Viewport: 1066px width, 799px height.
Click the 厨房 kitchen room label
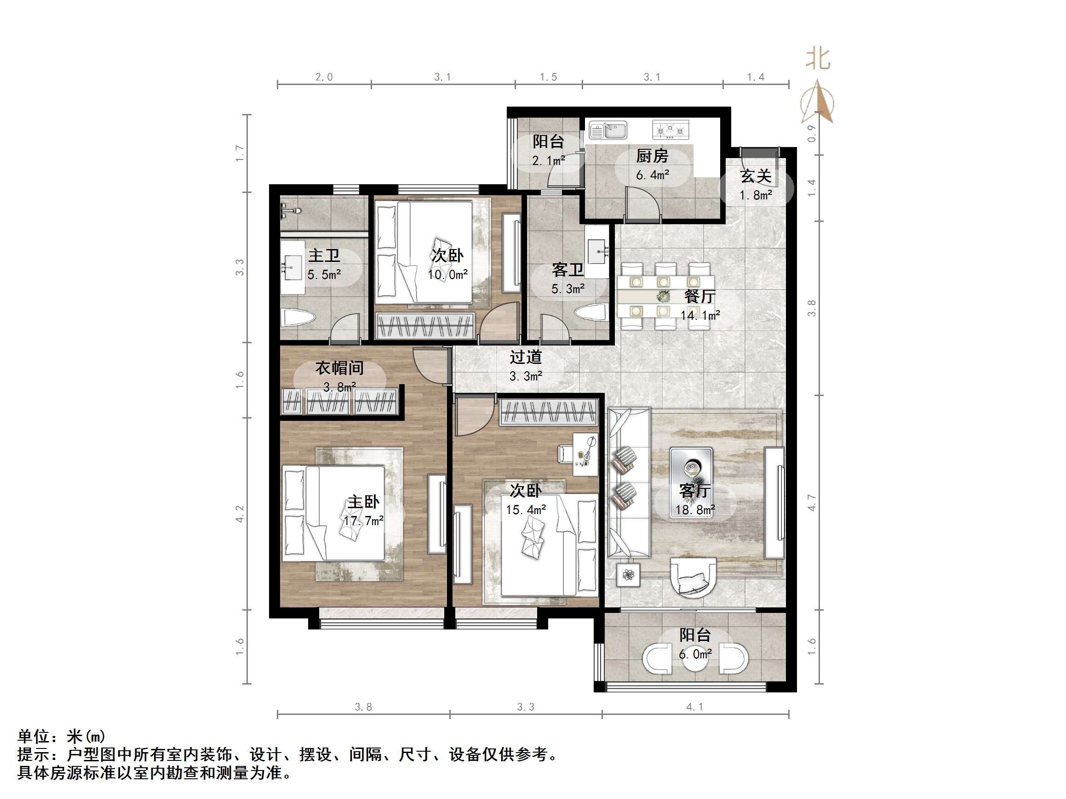(652, 156)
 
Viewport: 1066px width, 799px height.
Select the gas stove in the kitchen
(671, 130)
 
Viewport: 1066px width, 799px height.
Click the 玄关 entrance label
(756, 176)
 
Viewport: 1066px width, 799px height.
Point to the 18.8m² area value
(694, 510)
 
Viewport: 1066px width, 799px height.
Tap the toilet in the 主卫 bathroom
(298, 317)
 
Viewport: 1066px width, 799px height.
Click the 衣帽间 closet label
(339, 368)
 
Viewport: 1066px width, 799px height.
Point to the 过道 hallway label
(526, 357)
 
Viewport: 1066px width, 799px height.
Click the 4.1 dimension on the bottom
(694, 707)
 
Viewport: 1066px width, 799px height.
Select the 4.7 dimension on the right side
(812, 503)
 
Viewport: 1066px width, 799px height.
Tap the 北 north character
(818, 59)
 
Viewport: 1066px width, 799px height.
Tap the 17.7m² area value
(363, 521)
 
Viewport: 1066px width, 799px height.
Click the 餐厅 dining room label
(700, 296)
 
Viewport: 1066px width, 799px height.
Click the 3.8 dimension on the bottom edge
(363, 707)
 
